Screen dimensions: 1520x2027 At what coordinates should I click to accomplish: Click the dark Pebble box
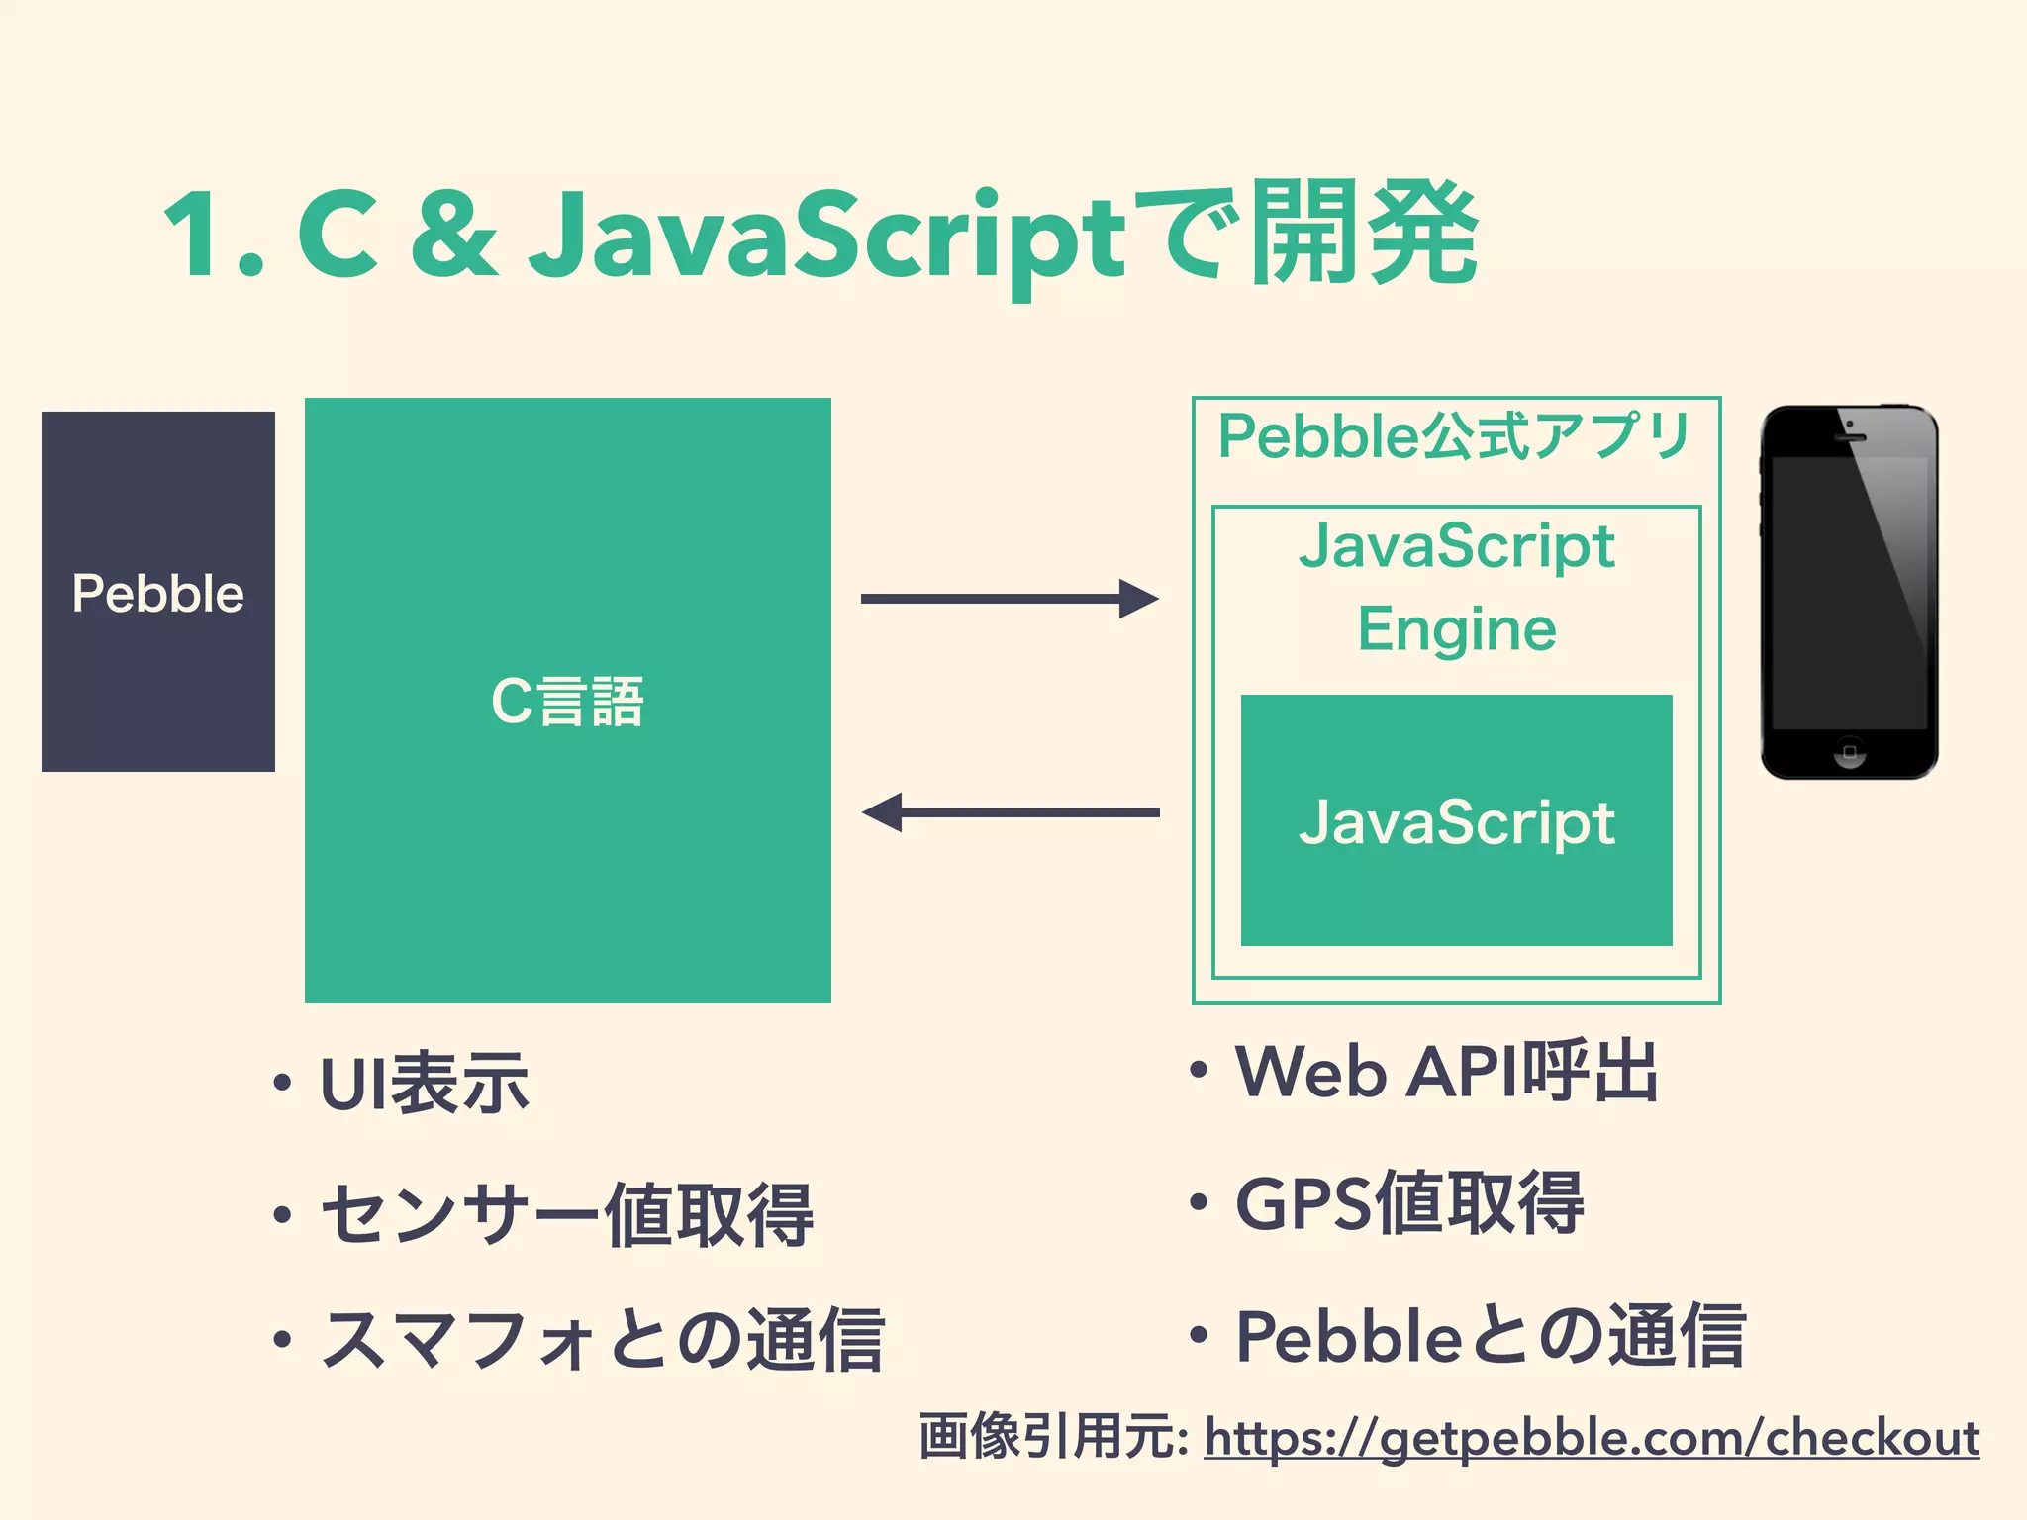[158, 592]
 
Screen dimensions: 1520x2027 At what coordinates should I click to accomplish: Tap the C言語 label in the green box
[567, 701]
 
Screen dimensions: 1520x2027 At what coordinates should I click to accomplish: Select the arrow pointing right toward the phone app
[1010, 598]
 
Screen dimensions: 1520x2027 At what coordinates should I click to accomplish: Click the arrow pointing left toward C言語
[1010, 812]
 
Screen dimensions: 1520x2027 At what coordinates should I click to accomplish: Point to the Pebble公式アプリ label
[1454, 436]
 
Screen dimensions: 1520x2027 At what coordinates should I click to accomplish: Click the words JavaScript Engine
[1456, 587]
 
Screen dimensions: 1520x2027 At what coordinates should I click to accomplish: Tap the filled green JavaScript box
[1456, 820]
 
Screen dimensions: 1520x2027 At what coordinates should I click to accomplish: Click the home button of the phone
[1849, 752]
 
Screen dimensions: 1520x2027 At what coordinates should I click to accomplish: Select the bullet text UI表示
[425, 1084]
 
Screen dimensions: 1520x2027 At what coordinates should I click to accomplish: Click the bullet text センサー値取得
[566, 1214]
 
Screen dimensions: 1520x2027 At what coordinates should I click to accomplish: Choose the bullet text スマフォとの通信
[602, 1340]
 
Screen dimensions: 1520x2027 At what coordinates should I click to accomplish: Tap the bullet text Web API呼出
[1446, 1072]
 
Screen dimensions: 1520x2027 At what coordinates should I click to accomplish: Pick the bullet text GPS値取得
[1409, 1203]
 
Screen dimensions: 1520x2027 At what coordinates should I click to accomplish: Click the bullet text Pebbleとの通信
[1491, 1336]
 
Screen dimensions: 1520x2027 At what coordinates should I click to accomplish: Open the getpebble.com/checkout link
[1592, 1438]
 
